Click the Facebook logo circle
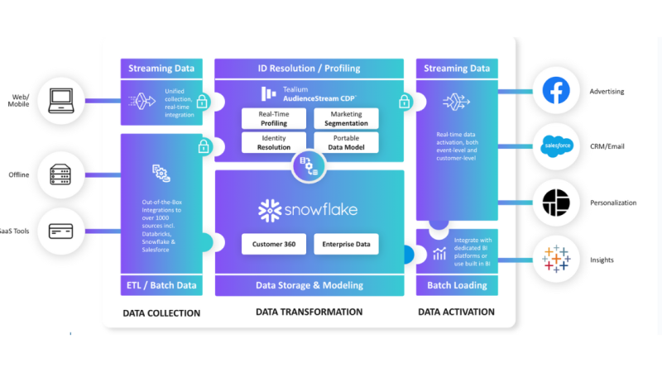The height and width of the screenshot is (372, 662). [556, 92]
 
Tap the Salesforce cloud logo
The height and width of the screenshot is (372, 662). [556, 148]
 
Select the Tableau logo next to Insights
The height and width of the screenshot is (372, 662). [556, 260]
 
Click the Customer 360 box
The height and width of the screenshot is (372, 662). [274, 244]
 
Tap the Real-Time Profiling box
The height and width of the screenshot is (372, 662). [272, 118]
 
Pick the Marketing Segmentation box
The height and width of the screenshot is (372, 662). [347, 118]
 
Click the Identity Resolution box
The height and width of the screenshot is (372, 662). [272, 142]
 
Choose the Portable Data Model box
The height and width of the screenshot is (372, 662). [347, 142]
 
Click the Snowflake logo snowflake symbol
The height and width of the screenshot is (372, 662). [269, 211]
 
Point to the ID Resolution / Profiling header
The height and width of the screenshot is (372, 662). [309, 68]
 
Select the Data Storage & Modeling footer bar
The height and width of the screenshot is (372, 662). [309, 285]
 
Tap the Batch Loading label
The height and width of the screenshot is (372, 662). [457, 285]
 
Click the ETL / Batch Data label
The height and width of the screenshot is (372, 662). [161, 285]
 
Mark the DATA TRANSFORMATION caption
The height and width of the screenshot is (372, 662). [309, 312]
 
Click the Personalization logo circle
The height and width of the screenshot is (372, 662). [556, 203]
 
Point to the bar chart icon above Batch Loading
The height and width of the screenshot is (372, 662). [439, 253]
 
